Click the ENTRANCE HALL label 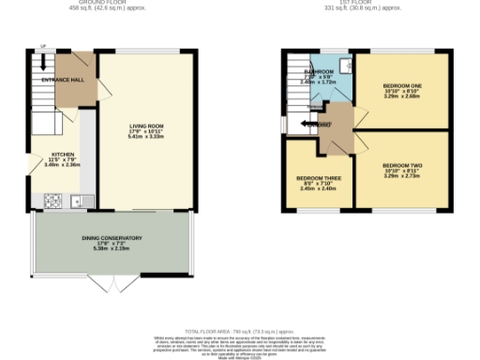point(63,81)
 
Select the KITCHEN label point(63,154)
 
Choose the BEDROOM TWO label point(403,166)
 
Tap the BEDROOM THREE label point(319,178)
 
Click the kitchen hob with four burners point(53,200)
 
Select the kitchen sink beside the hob point(77,200)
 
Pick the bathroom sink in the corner point(345,65)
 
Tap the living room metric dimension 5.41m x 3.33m point(147,136)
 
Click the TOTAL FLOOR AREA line point(239,332)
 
